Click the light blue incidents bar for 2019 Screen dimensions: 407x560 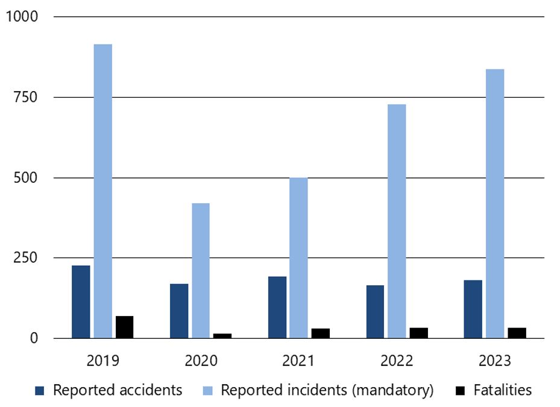click(x=102, y=191)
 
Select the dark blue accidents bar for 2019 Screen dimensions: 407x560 click(x=81, y=301)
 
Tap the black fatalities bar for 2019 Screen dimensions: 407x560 click(x=124, y=327)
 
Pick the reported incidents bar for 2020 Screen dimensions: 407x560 click(x=201, y=270)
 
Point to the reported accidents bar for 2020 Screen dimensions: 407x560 click(x=179, y=311)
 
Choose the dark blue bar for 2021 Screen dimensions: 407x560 click(x=277, y=307)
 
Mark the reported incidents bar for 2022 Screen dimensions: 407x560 click(x=397, y=221)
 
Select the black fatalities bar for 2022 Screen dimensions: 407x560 click(x=418, y=333)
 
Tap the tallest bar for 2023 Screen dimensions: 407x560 click(x=495, y=203)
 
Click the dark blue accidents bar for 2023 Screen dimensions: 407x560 click(x=473, y=309)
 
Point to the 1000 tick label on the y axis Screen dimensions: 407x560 click(x=22, y=17)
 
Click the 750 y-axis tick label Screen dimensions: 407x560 click(x=26, y=97)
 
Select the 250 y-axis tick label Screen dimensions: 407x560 click(x=26, y=257)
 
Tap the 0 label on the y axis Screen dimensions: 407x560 click(x=34, y=338)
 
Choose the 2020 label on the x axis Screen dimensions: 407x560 click(x=201, y=361)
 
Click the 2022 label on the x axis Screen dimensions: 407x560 click(x=397, y=361)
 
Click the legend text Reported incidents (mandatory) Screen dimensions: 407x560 click(x=327, y=390)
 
